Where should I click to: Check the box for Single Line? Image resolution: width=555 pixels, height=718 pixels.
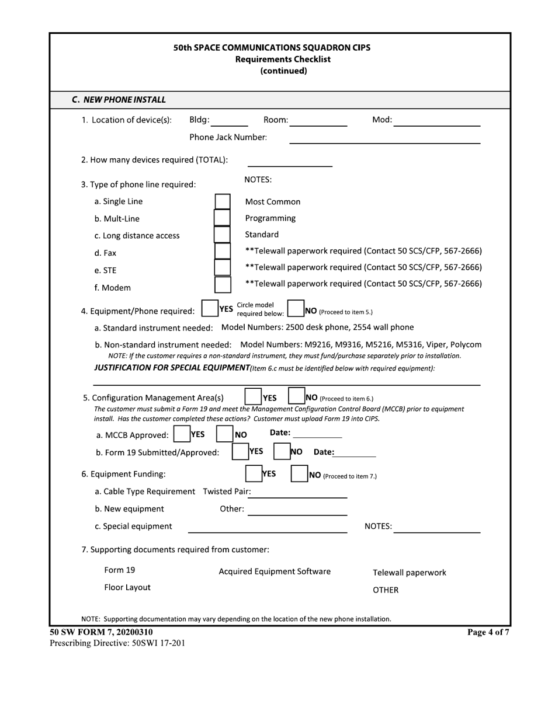[222, 202]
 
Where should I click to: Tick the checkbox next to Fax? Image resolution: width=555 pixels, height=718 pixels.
[222, 252]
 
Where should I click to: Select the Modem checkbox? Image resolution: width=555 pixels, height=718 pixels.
[222, 285]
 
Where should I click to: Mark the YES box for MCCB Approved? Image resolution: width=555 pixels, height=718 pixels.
[182, 434]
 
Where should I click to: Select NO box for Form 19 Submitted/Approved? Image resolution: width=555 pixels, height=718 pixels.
[282, 452]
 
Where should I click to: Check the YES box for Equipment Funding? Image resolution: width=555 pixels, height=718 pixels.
[253, 474]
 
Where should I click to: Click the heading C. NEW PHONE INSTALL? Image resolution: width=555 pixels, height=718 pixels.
[119, 100]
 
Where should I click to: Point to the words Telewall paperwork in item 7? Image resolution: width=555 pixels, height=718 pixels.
[409, 573]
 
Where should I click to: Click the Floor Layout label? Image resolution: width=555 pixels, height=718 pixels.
[127, 587]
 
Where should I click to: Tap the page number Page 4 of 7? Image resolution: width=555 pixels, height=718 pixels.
[488, 632]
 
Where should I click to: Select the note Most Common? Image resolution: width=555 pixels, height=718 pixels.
[272, 202]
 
